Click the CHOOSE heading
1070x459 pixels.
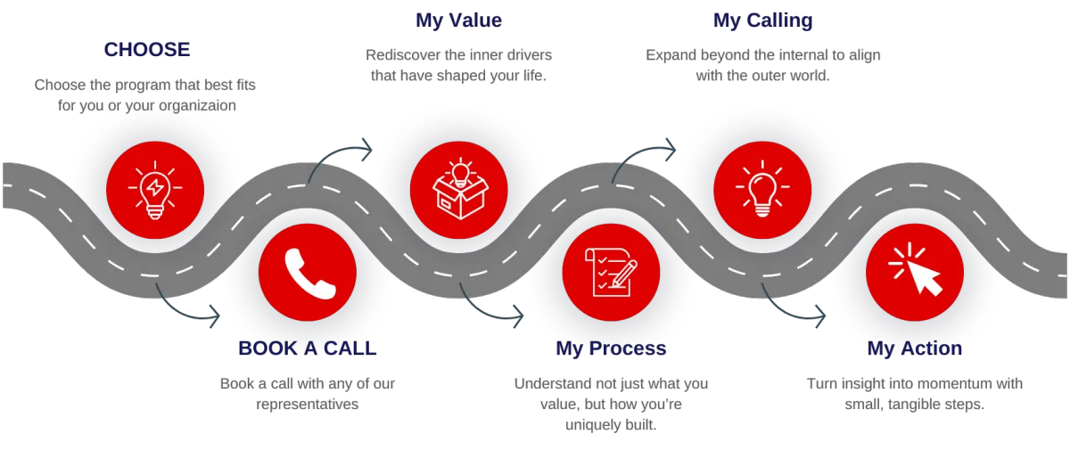[x=147, y=49]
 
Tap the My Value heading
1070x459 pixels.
[x=459, y=20]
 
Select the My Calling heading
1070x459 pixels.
[x=762, y=20]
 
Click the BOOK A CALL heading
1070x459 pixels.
[x=307, y=348]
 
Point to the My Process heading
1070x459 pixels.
[x=611, y=348]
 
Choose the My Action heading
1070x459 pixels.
[x=915, y=348]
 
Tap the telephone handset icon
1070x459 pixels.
[x=308, y=272]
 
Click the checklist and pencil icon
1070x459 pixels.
[x=611, y=271]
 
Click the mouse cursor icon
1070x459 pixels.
[x=915, y=271]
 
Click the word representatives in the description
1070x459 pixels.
[x=307, y=405]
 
